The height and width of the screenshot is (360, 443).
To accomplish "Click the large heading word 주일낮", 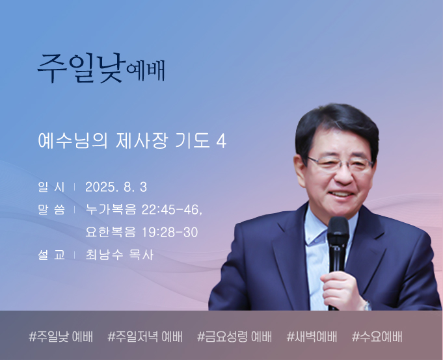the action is click(x=81, y=68).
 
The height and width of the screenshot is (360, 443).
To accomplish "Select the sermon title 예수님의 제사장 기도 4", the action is click(x=132, y=140).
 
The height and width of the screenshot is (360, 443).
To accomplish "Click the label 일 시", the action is click(x=51, y=187).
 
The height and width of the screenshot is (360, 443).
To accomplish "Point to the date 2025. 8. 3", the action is click(x=116, y=187).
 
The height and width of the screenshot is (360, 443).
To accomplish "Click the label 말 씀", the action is click(x=51, y=210).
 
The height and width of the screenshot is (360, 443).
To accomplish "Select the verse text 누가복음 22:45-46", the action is click(x=144, y=210).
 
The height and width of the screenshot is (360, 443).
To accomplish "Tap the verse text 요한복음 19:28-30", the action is click(x=142, y=232).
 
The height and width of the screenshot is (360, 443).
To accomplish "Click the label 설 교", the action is click(x=51, y=255).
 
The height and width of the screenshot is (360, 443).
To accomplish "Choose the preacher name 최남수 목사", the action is click(x=119, y=255).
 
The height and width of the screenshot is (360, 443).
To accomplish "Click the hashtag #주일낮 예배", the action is click(x=60, y=337).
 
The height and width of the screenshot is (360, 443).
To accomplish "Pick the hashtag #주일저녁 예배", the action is click(x=145, y=337).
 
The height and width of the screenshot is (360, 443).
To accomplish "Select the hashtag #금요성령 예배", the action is click(x=234, y=337).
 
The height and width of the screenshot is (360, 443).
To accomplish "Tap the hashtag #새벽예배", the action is click(x=312, y=337).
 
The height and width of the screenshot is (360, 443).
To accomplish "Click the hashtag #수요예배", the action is click(x=377, y=337).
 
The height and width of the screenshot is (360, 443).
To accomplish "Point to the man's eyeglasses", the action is click(x=340, y=164).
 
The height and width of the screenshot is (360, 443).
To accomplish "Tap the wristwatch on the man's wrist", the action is click(x=367, y=305).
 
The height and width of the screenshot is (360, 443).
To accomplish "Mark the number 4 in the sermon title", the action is click(x=221, y=141).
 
